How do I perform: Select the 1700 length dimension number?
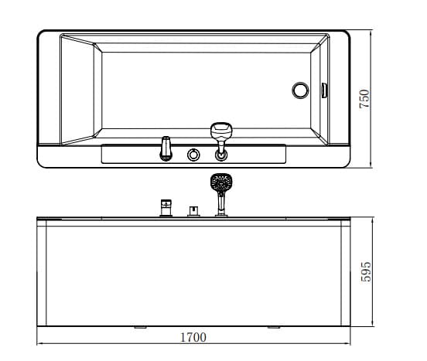pyautogui.click(x=193, y=337)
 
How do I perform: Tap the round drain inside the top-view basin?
pyautogui.click(x=300, y=90)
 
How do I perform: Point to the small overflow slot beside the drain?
pyautogui.click(x=323, y=90)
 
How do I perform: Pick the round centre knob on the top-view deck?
pyautogui.click(x=193, y=155)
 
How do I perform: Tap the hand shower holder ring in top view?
pyautogui.click(x=221, y=155)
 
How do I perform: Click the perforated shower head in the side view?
pyautogui.click(x=221, y=184)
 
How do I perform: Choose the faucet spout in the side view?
pyautogui.click(x=165, y=207)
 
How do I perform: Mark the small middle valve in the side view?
pyautogui.click(x=192, y=210)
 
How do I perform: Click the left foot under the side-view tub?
pyautogui.click(x=140, y=328)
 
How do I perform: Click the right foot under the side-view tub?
pyautogui.click(x=273, y=328)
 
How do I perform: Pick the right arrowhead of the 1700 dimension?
pyautogui.click(x=350, y=343)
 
